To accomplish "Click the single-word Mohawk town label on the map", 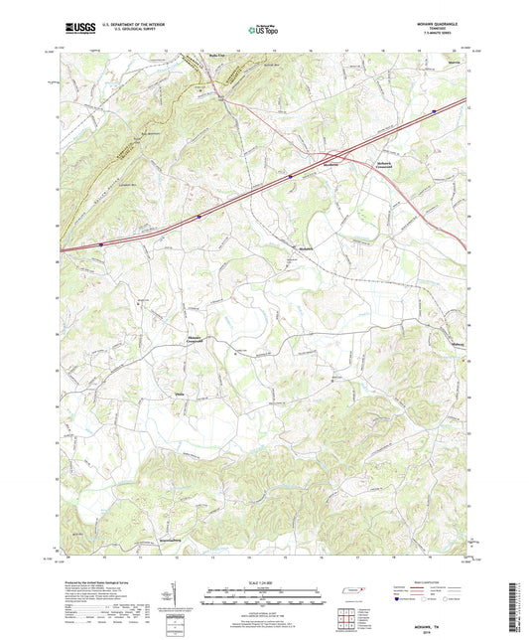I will pos(306,248).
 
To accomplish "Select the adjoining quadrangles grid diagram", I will pos(349,616).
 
